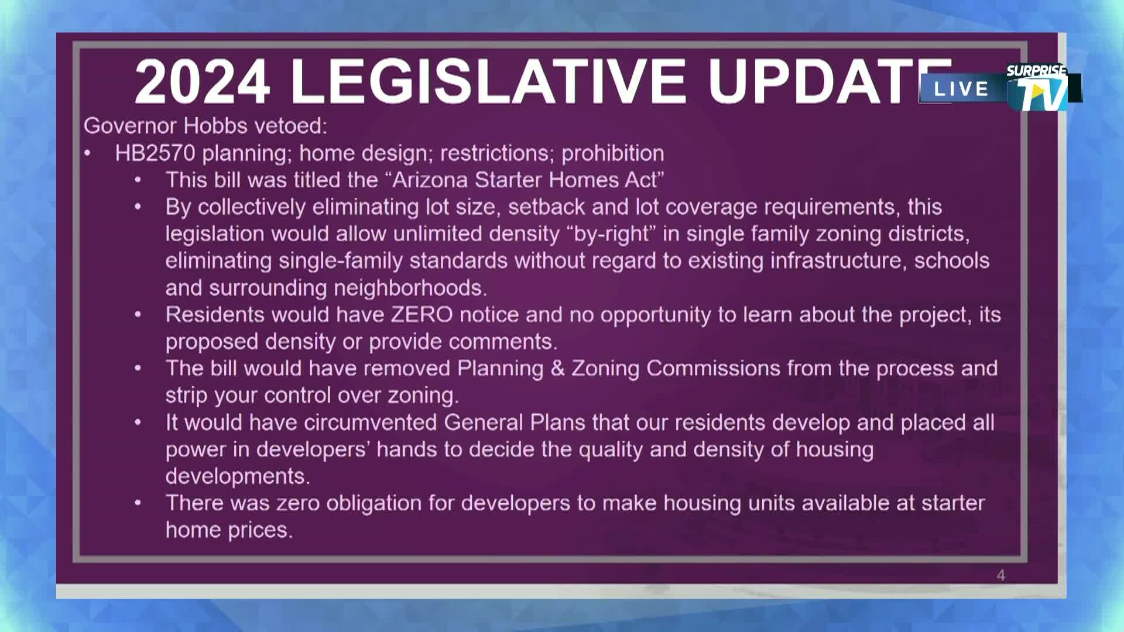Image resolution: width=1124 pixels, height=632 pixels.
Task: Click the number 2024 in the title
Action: point(203,82)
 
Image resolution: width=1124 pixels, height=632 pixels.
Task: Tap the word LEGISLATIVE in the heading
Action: point(488,82)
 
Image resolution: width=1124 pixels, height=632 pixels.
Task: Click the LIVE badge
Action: point(961,89)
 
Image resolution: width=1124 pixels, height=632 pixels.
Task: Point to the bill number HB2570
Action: point(155,153)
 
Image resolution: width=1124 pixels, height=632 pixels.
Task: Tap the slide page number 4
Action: point(1000,575)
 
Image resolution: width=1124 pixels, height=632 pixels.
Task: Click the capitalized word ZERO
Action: point(421,315)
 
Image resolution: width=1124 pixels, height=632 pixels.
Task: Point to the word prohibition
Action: point(612,153)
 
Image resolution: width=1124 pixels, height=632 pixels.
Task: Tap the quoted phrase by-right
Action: point(611,234)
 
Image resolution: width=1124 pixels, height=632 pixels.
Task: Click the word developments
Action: point(237,476)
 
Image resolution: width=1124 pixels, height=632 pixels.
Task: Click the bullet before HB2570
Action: point(87,153)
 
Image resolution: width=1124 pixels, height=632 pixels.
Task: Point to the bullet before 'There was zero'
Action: point(138,503)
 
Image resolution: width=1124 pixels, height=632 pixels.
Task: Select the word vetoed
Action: point(296,126)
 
